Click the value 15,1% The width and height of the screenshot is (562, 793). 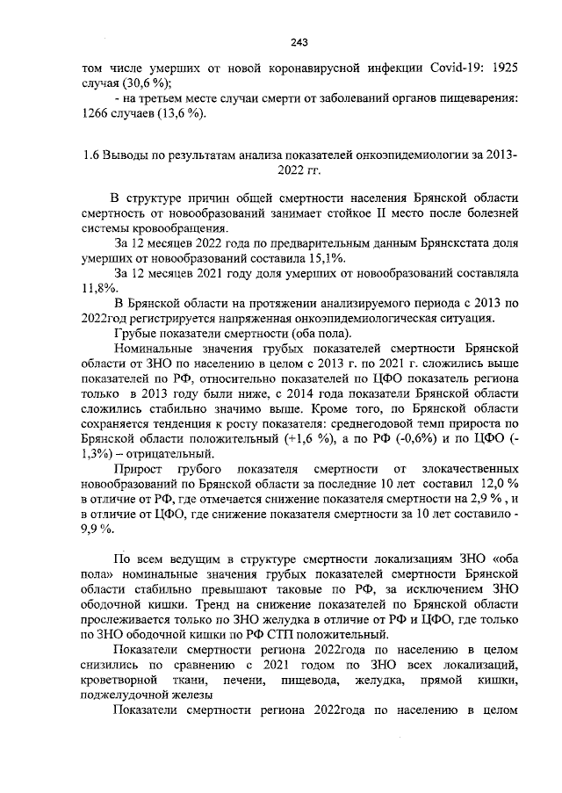325,257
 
